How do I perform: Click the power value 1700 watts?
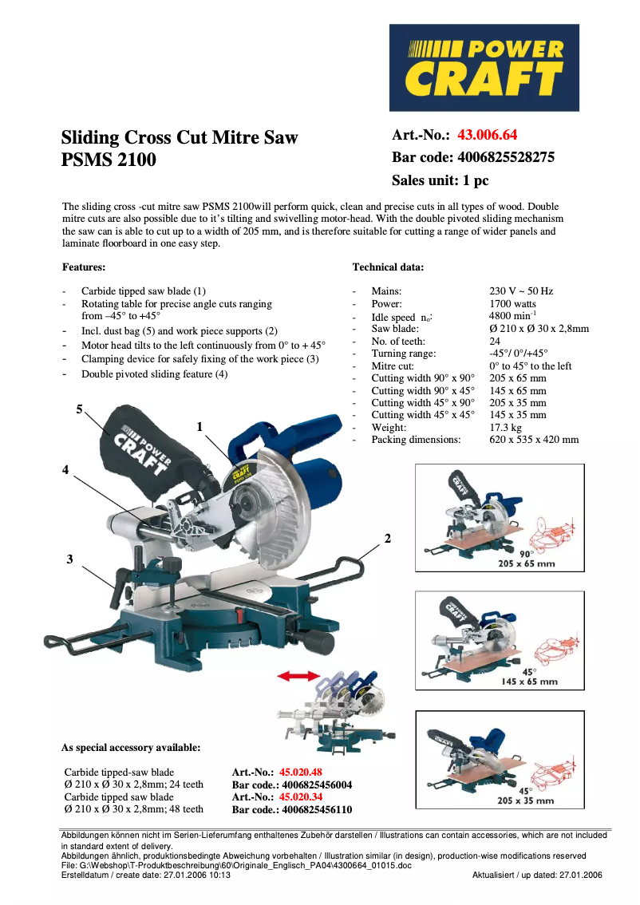point(512,304)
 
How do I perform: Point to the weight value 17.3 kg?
point(504,428)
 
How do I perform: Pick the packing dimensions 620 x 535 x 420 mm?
point(533,440)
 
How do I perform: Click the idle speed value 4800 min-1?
point(512,316)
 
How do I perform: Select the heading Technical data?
point(388,267)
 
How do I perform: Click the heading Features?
point(84,267)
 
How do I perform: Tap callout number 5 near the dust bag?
point(79,409)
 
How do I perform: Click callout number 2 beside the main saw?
point(388,539)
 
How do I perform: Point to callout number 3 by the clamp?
point(69,559)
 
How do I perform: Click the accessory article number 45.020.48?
point(301,773)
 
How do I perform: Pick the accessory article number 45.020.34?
point(301,796)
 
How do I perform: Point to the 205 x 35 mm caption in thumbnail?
point(525,800)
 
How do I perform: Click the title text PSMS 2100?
point(109,160)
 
